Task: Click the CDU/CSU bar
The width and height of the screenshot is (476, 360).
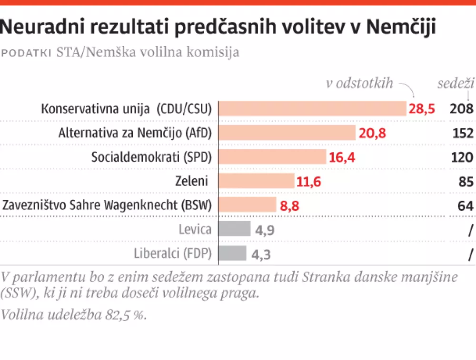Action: [312, 108]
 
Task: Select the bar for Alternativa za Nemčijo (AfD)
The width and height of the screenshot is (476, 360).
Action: [287, 133]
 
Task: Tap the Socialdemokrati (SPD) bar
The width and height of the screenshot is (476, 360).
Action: [272, 156]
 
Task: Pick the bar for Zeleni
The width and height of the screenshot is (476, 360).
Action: [257, 181]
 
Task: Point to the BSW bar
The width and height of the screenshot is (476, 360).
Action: [248, 205]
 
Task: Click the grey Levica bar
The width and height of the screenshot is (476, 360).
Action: [234, 229]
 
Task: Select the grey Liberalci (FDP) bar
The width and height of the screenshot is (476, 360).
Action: [232, 253]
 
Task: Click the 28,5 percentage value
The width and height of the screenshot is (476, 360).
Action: [422, 109]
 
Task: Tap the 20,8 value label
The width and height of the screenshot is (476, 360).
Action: [372, 133]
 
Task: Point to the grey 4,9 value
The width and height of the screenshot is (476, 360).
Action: [265, 231]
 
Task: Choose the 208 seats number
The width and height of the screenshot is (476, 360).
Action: [461, 109]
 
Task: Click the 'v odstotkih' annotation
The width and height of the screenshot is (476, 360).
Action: [359, 84]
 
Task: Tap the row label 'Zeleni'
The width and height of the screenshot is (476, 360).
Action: [196, 181]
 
